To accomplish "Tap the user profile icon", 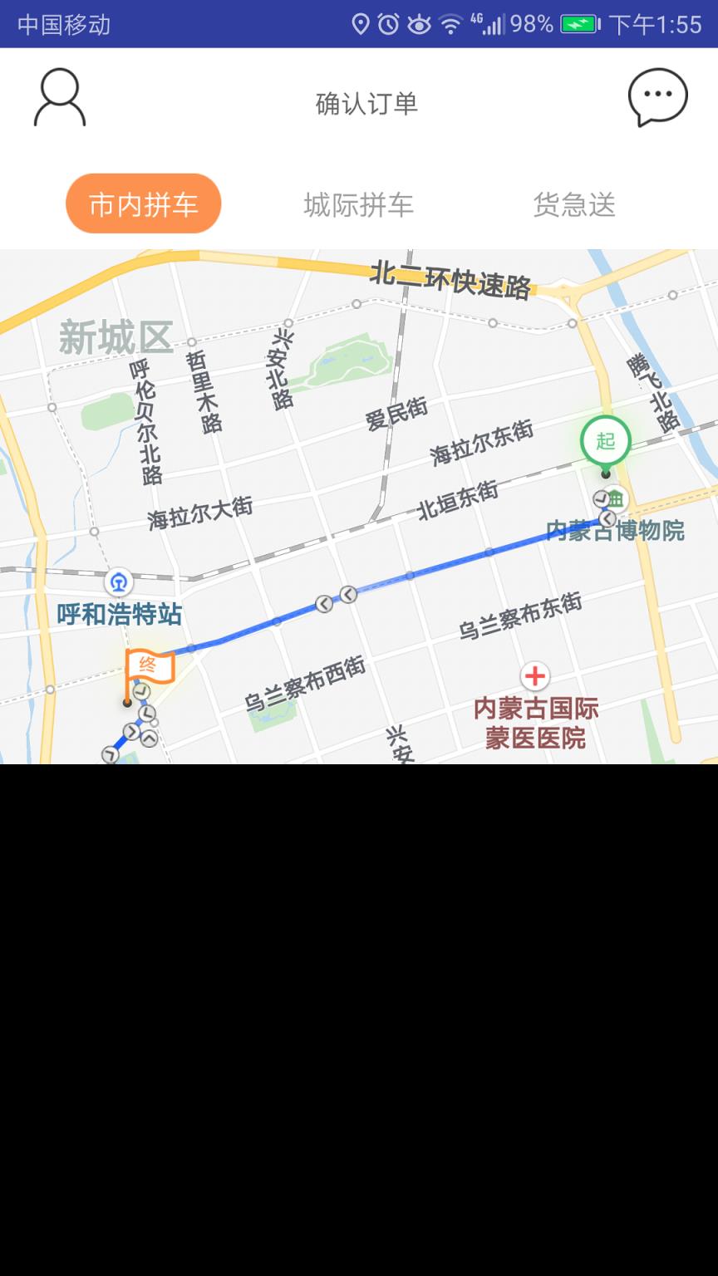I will pyautogui.click(x=59, y=98).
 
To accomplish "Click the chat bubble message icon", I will pyautogui.click(x=657, y=97).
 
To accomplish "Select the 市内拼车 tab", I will pyautogui.click(x=144, y=204).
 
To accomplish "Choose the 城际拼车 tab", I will pyautogui.click(x=358, y=204).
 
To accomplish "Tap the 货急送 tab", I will pyautogui.click(x=574, y=204).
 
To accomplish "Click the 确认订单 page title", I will pyautogui.click(x=366, y=104).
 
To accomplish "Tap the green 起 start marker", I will pyautogui.click(x=605, y=441).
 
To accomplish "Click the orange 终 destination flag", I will pyautogui.click(x=149, y=666).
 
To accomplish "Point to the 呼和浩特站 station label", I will pyautogui.click(x=120, y=615).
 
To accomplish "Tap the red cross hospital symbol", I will pyautogui.click(x=535, y=675).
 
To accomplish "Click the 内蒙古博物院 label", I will pyautogui.click(x=615, y=530).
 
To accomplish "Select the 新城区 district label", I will pyautogui.click(x=116, y=338).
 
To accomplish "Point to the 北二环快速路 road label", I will pyautogui.click(x=450, y=280).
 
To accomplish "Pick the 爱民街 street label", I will pyautogui.click(x=396, y=413).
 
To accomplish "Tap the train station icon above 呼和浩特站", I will pyautogui.click(x=119, y=582).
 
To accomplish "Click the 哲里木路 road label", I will pyautogui.click(x=204, y=391).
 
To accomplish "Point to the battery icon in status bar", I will pyautogui.click(x=580, y=24).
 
